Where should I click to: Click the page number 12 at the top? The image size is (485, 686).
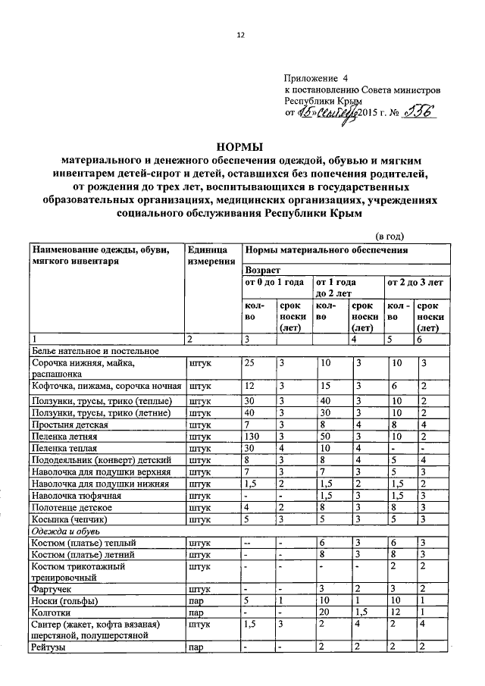(x=242, y=35)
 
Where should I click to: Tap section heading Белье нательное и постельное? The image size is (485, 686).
(x=95, y=350)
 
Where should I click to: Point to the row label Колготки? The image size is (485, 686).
(x=49, y=611)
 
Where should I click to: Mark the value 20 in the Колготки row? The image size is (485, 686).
(x=326, y=611)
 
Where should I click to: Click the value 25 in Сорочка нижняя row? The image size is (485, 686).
(x=249, y=364)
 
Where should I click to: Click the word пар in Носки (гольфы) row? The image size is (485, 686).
(x=197, y=600)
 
